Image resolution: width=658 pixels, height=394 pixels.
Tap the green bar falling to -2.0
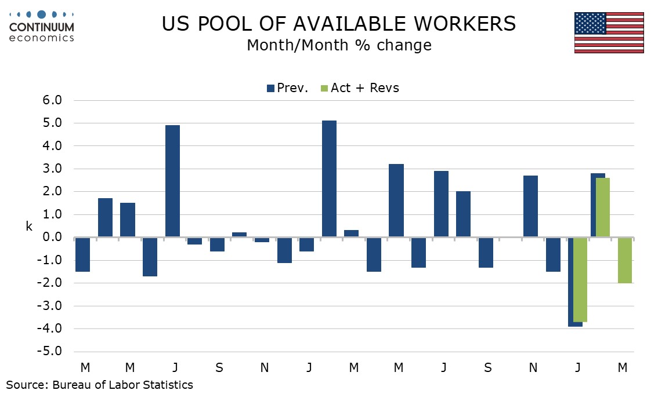click(625, 260)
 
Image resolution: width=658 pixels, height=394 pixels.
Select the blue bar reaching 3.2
click(396, 200)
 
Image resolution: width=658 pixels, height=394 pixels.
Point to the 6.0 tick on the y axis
click(52, 101)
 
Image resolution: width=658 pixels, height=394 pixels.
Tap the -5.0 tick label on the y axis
click(50, 352)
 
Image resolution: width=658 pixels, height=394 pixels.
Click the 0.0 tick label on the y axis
click(52, 238)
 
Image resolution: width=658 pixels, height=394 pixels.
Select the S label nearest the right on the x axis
click(488, 367)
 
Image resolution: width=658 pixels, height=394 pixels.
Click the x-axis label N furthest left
click(264, 367)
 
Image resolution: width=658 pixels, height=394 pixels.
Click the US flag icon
click(609, 32)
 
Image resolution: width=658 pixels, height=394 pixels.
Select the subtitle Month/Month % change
click(339, 45)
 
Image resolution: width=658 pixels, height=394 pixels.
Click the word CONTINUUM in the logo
click(41, 27)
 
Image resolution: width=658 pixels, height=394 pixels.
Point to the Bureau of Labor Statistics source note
click(100, 384)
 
